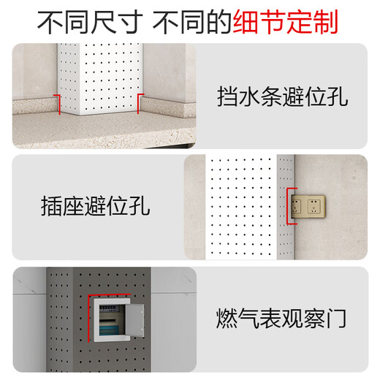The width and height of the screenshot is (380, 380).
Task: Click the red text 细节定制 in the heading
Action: [286, 23]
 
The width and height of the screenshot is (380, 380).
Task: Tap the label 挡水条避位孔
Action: [283, 96]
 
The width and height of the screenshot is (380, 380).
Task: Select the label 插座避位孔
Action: [96, 207]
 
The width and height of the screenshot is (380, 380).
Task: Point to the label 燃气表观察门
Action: [281, 319]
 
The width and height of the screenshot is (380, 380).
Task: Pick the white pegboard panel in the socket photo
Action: [241, 206]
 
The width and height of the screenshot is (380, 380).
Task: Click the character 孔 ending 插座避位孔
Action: [139, 207]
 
